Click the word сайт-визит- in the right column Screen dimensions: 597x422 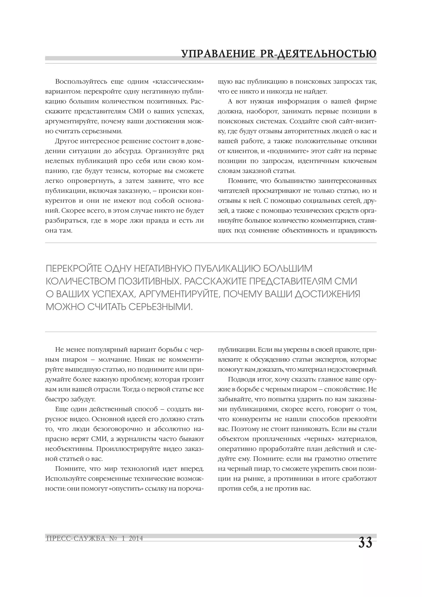[x=356, y=121]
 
